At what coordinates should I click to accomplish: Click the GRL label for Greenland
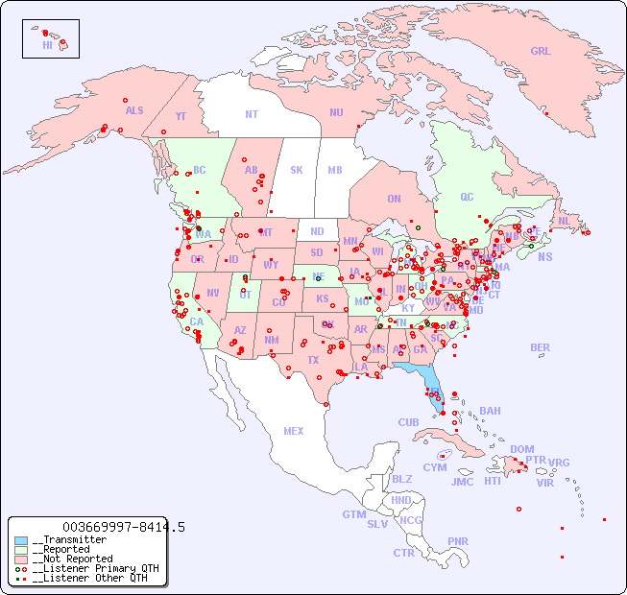click(541, 52)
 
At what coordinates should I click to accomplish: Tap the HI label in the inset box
click(47, 45)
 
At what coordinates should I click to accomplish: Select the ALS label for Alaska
click(134, 110)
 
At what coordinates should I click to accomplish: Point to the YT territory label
click(181, 116)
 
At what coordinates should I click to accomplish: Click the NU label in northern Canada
click(336, 112)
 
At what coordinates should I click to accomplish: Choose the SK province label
click(297, 170)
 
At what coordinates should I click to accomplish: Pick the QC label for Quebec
click(467, 197)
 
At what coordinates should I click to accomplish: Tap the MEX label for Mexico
click(293, 431)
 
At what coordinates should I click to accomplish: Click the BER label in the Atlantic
click(540, 347)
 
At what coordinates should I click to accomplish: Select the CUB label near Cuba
click(408, 422)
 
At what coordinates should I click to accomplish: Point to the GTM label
click(353, 514)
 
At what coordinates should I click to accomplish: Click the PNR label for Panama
click(458, 541)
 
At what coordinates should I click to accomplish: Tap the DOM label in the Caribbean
click(521, 449)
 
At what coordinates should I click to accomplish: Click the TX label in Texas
click(313, 360)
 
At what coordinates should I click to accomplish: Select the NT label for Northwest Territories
click(251, 113)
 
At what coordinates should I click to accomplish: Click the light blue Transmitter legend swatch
click(20, 540)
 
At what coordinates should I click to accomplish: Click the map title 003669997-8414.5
click(123, 527)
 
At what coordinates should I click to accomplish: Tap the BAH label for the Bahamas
click(490, 411)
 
